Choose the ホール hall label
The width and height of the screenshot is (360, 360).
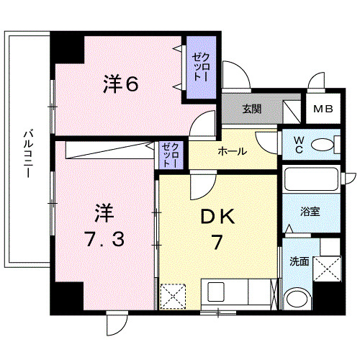tap(232, 151)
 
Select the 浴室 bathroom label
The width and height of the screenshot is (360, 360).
tap(311, 212)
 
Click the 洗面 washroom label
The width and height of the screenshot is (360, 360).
tap(300, 261)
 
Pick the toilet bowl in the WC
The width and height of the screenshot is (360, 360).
tap(325, 146)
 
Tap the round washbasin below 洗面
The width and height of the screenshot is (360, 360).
tap(297, 299)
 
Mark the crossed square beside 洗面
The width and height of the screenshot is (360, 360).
tap(329, 272)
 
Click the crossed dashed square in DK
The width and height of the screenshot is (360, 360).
tap(173, 296)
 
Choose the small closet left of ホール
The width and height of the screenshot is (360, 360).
tap(171, 155)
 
